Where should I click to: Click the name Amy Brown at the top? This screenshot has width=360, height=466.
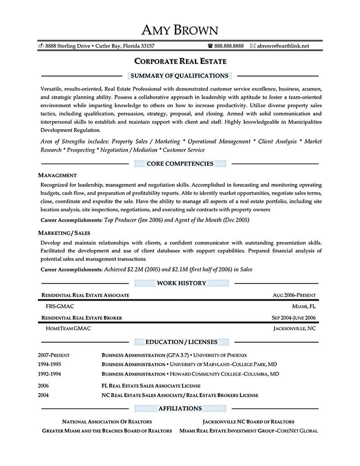(x=180, y=30)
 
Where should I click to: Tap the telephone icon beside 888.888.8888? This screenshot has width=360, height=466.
(x=210, y=46)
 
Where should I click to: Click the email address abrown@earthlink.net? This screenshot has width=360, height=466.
(x=283, y=46)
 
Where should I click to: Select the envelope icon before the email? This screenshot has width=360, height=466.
(x=253, y=46)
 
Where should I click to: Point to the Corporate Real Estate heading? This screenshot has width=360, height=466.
(x=180, y=61)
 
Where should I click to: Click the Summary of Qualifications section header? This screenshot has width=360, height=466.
(x=180, y=76)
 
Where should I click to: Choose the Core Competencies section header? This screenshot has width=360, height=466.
(x=180, y=163)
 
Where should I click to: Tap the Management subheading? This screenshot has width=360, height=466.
(x=57, y=175)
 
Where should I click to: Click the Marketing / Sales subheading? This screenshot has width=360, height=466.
(x=64, y=233)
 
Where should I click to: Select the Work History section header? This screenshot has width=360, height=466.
(x=181, y=283)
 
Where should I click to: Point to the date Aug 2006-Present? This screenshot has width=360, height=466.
(x=294, y=295)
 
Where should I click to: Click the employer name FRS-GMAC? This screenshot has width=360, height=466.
(x=60, y=306)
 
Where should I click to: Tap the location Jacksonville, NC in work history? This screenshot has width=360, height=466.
(x=294, y=329)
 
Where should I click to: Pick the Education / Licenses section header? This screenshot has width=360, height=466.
(x=181, y=342)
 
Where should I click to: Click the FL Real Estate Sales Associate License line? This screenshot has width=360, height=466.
(x=151, y=386)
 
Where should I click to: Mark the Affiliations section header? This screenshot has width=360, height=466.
(x=180, y=408)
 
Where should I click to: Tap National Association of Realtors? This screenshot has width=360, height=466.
(x=107, y=422)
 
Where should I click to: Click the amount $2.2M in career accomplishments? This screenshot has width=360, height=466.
(x=135, y=270)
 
